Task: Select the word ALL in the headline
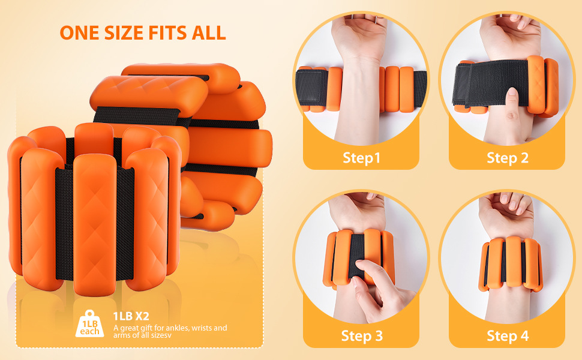coord(209,32)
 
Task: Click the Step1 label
coord(362,158)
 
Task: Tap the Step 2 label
coord(508,158)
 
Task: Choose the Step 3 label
coord(362,335)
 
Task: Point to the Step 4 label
coord(508,335)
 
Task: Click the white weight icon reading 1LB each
coord(90,323)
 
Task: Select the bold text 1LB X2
coord(131,316)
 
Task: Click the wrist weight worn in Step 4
coord(512,264)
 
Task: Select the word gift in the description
coord(152,328)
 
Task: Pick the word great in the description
coord(132,328)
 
